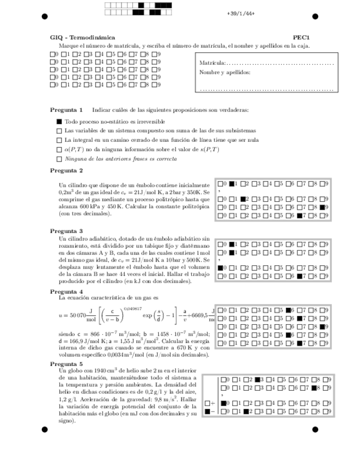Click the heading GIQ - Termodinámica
click(x=73, y=37)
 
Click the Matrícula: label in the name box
click(x=212, y=64)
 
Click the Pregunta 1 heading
click(x=67, y=109)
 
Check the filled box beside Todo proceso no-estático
click(x=59, y=121)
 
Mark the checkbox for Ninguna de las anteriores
click(x=59, y=159)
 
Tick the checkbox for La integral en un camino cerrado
click(x=59, y=140)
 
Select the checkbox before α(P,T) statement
click(x=59, y=149)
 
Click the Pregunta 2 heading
click(x=67, y=171)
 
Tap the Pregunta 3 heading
click(x=67, y=231)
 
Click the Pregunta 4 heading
click(x=67, y=291)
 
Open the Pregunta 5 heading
click(x=67, y=364)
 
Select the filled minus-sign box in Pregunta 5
click(x=207, y=411)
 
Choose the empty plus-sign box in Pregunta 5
click(x=207, y=403)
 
